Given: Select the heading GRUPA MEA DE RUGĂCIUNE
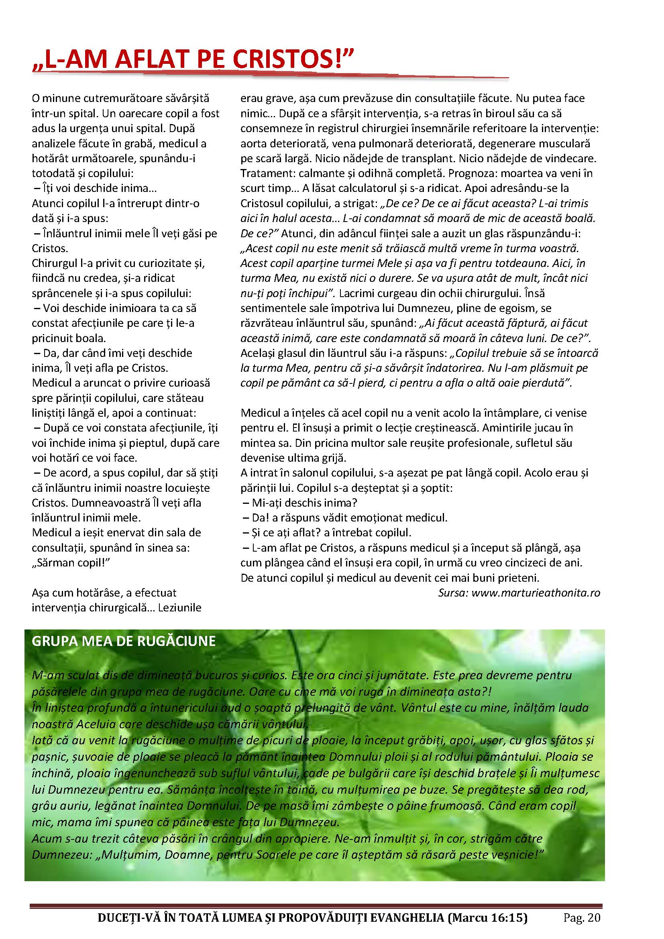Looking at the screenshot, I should pos(124,641).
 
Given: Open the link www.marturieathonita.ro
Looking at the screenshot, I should pos(536,593).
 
